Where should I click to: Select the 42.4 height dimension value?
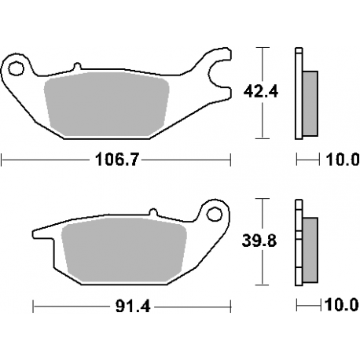coord(252,92)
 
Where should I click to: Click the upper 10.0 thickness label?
coord(340,161)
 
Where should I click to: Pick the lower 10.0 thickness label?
coord(340,303)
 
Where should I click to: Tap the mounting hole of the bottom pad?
coord(212,214)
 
